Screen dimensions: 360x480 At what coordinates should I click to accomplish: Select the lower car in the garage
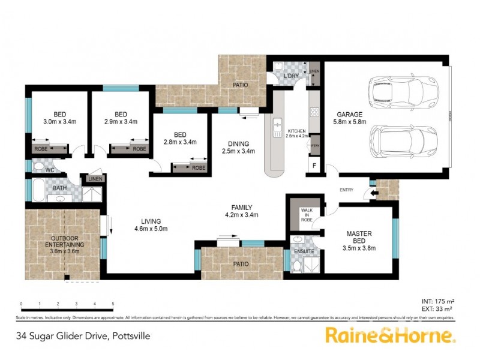[393, 142]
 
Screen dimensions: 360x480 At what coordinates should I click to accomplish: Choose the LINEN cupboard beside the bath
[95, 179]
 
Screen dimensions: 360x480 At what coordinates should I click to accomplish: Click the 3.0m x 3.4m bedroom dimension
[59, 121]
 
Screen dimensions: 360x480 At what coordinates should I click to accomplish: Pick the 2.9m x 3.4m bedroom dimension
[120, 121]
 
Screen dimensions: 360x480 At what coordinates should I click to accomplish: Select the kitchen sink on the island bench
[277, 126]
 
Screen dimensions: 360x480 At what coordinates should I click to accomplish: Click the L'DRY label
[292, 76]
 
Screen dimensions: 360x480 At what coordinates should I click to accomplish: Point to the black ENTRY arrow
[375, 193]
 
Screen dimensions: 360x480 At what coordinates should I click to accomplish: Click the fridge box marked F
[313, 165]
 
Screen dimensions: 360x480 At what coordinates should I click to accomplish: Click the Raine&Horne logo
[389, 335]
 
